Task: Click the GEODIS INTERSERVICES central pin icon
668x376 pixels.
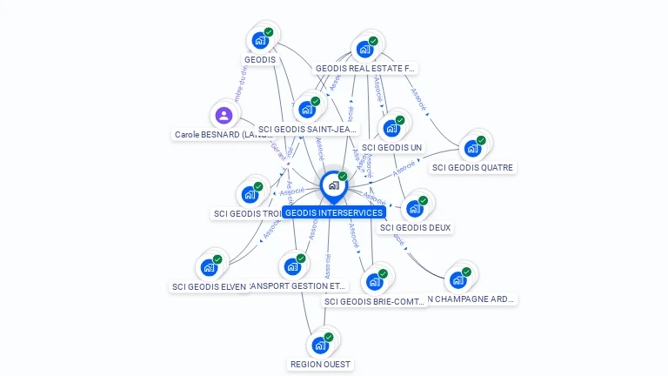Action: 332,185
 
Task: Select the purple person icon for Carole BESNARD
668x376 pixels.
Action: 224,115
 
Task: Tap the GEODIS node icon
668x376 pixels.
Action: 259,40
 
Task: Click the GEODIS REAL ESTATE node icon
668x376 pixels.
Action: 364,49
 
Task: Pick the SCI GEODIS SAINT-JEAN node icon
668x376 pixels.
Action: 306,110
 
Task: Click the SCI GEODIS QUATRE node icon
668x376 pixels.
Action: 472,148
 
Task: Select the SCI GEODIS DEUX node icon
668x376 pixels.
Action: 414,208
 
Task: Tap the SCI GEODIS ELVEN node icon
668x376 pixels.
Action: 209,267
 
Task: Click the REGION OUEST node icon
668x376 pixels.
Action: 320,345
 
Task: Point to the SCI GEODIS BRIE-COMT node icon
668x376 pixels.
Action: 374,282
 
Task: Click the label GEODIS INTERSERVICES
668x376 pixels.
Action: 334,212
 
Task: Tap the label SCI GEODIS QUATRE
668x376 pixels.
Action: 473,167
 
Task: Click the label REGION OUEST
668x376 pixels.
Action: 322,364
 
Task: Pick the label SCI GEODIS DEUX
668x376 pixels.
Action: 416,227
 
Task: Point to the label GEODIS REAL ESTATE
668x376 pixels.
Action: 365,68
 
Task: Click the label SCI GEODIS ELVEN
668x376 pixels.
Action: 209,286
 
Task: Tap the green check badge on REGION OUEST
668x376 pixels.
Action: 329,337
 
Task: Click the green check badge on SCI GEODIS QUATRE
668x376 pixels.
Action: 481,140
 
